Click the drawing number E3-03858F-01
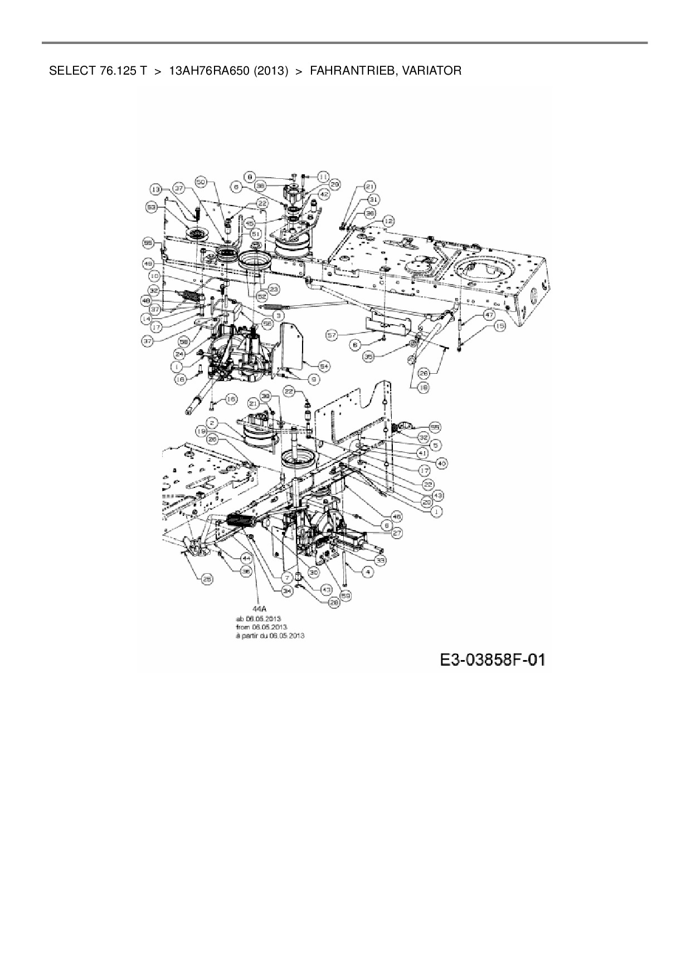click(x=492, y=660)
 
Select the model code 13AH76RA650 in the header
click(x=208, y=71)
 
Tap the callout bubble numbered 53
click(x=151, y=207)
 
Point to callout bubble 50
click(x=201, y=182)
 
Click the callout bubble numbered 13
click(x=156, y=189)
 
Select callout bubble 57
click(x=333, y=335)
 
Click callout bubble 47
click(x=489, y=315)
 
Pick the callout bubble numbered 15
click(x=499, y=326)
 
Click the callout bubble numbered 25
click(x=207, y=579)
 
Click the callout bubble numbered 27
click(x=396, y=533)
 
